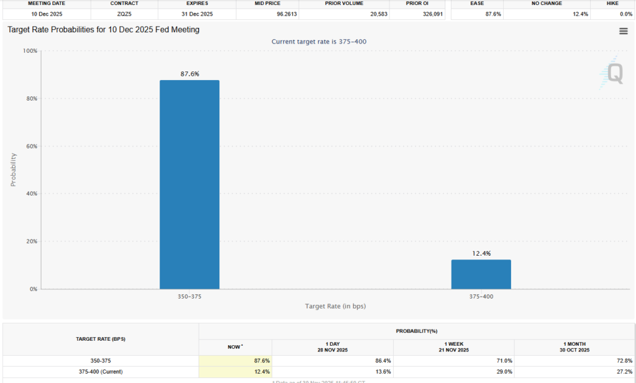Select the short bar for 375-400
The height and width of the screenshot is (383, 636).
click(481, 274)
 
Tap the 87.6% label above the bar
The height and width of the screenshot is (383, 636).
click(189, 74)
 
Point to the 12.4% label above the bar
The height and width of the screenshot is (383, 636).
click(481, 253)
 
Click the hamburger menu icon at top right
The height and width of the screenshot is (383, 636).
click(623, 32)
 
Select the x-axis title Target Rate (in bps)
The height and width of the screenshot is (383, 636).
click(335, 307)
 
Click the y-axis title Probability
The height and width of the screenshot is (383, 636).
click(13, 169)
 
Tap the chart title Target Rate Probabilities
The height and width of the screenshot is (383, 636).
click(103, 30)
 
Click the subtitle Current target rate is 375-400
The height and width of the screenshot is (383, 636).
click(323, 42)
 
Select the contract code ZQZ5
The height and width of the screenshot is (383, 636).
click(124, 14)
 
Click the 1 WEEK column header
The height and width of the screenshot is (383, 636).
click(453, 347)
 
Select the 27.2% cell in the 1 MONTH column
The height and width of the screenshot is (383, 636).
click(624, 372)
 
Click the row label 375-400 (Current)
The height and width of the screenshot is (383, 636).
click(101, 372)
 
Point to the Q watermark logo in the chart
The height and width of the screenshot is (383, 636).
click(613, 73)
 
